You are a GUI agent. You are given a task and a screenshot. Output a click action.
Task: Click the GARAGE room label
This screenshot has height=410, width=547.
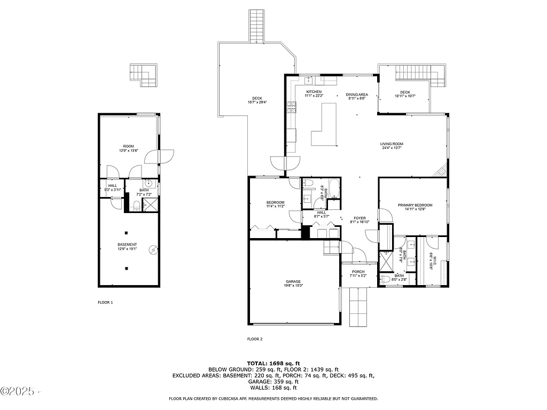click(x=293, y=281)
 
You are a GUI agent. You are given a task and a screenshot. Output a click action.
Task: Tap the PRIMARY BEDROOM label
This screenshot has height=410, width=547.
click(x=415, y=205)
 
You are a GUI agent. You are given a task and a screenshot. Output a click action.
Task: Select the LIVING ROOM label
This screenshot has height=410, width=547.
click(x=391, y=144)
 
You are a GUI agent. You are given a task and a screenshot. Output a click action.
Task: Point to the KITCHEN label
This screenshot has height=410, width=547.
click(x=314, y=92)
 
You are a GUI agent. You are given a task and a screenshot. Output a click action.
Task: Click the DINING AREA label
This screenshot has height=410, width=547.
click(x=356, y=94)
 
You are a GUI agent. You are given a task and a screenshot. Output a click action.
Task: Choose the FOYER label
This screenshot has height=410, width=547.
click(x=360, y=218)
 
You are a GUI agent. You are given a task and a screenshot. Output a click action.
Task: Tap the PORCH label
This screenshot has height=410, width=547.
click(x=357, y=272)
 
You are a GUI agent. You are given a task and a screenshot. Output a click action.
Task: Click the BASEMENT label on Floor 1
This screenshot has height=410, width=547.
click(x=127, y=245)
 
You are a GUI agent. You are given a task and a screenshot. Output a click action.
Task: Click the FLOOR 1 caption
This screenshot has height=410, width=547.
click(x=105, y=303)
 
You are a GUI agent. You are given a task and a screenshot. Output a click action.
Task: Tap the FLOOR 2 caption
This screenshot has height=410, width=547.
click(x=255, y=339)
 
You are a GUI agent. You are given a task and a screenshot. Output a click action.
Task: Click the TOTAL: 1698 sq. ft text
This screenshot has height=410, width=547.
click(x=273, y=362)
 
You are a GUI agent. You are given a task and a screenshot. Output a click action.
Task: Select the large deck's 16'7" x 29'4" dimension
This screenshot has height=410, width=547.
click(x=257, y=102)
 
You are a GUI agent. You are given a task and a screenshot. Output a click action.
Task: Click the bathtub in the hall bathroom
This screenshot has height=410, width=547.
click(x=333, y=188)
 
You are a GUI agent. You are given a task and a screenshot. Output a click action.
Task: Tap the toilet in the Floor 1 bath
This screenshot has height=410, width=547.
click(x=137, y=206)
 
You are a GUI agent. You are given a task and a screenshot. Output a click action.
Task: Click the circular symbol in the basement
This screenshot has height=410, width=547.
click(x=153, y=249)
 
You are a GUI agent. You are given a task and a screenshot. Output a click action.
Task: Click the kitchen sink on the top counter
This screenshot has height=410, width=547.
click(x=309, y=81)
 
